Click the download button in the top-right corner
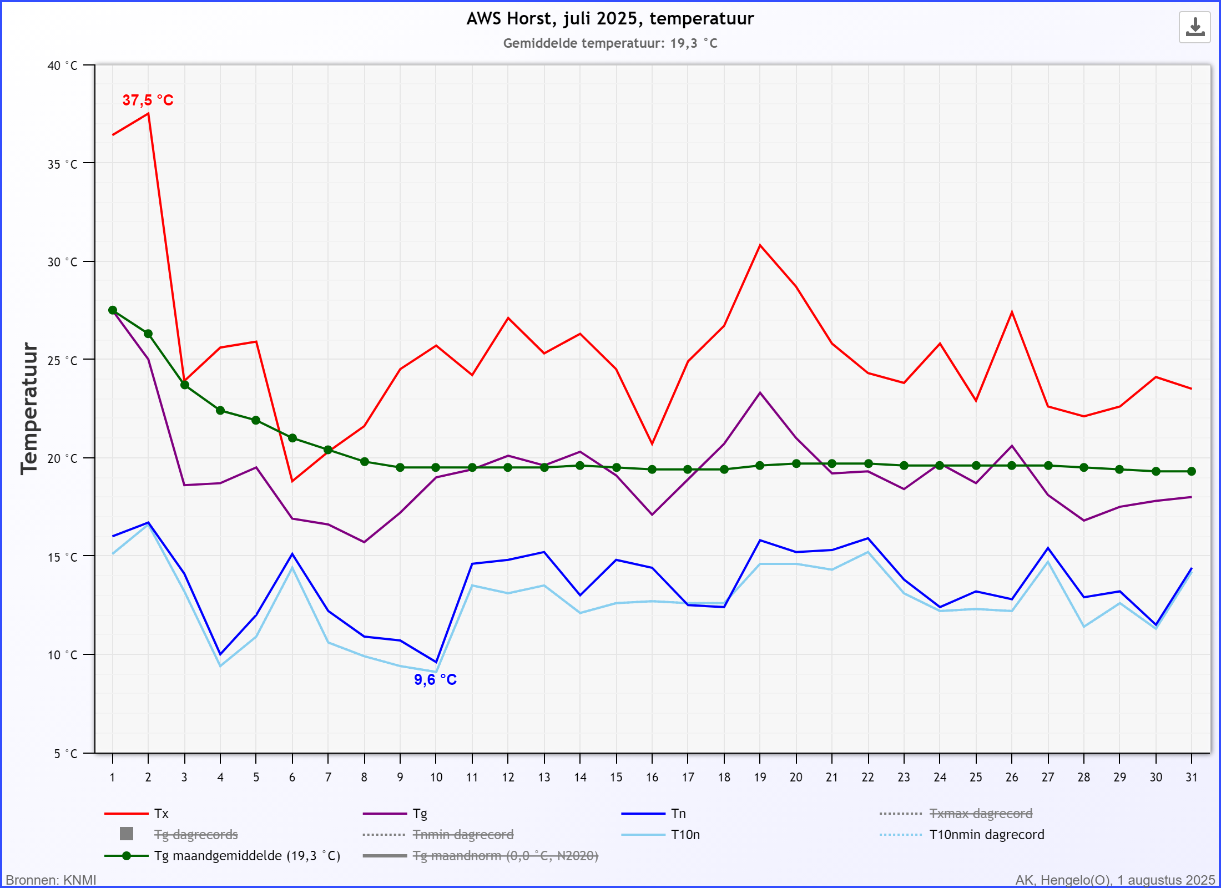(x=1194, y=27)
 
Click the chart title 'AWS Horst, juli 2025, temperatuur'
(x=610, y=19)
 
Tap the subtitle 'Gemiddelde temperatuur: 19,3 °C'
(x=610, y=43)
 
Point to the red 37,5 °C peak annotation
(x=148, y=100)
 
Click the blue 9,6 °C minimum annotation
(x=435, y=680)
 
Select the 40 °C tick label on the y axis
(x=62, y=65)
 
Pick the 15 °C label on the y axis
(x=62, y=557)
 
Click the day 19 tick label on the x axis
(x=760, y=778)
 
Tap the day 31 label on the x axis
(x=1191, y=778)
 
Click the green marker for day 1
(x=113, y=310)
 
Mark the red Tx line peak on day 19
(x=760, y=245)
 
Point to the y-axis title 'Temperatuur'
(x=29, y=408)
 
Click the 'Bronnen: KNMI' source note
(x=51, y=880)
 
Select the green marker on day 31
(x=1191, y=471)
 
